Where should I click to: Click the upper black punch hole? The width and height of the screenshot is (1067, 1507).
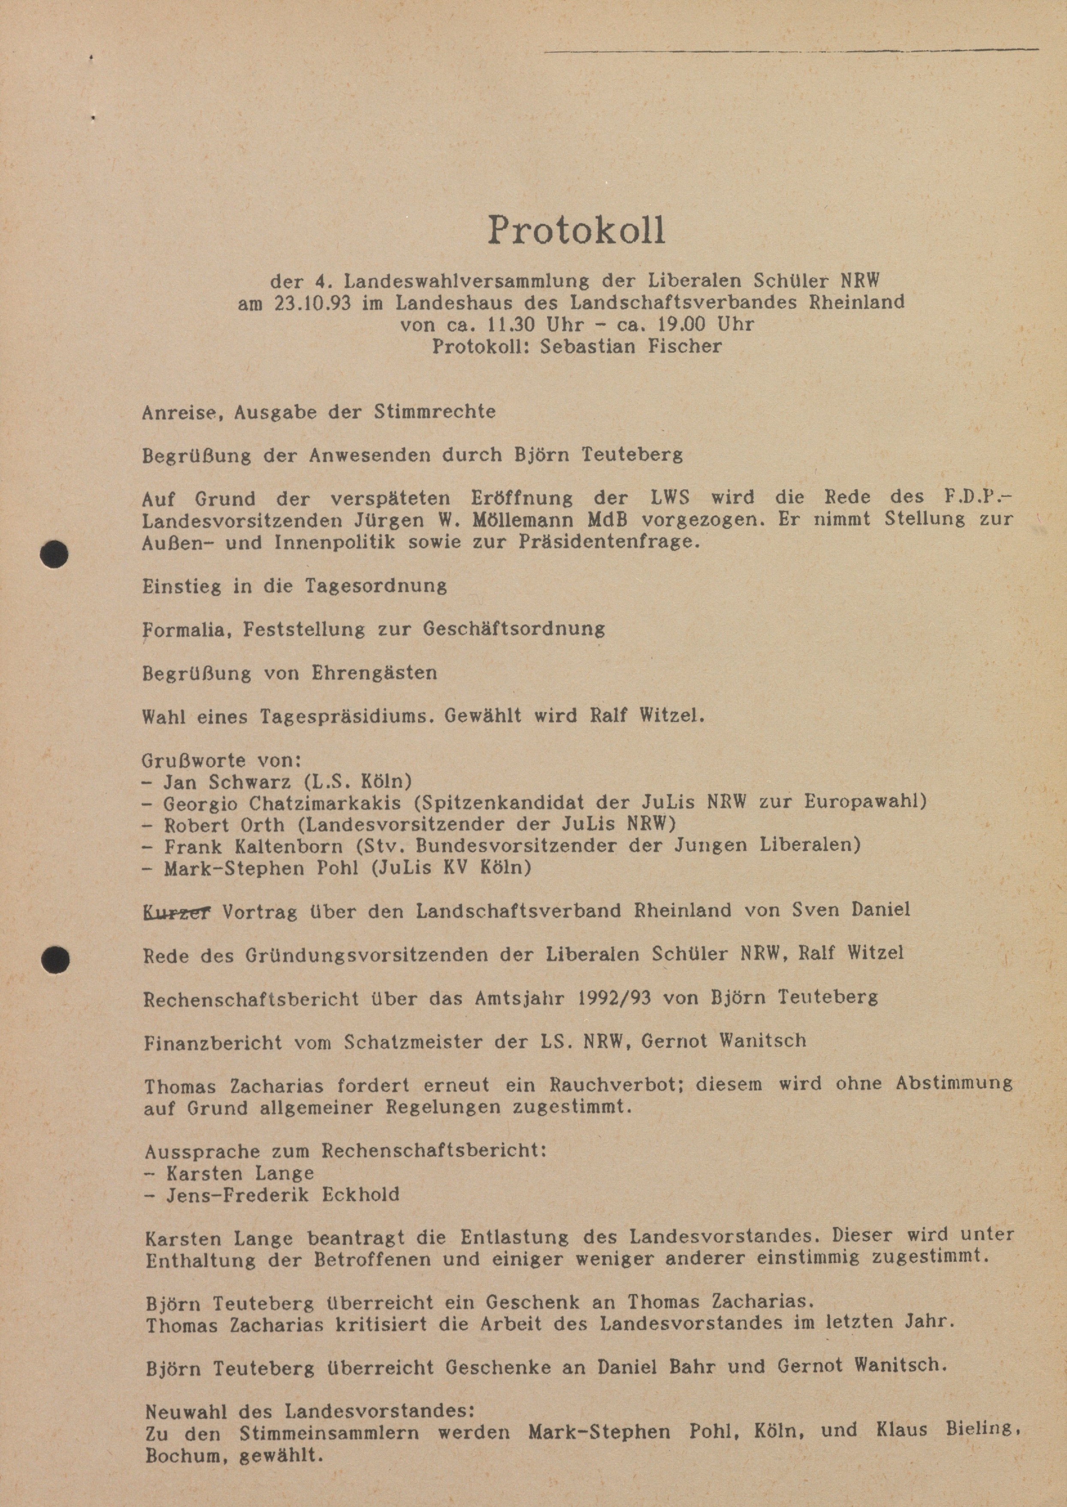54,553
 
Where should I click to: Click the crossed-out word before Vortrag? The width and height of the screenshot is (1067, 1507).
176,912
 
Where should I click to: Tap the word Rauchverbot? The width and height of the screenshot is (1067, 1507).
604,1084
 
